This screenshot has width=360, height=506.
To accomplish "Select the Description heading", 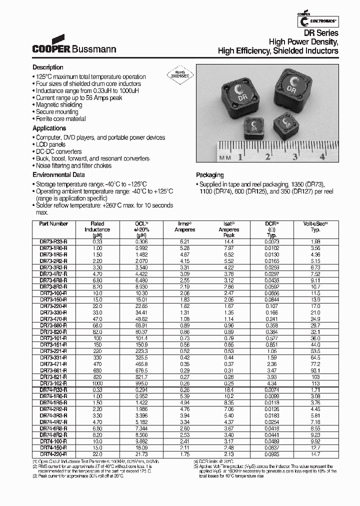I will point(48,67).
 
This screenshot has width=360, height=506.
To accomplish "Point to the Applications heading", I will point(49,128).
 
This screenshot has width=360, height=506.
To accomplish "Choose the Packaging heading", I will point(210,175).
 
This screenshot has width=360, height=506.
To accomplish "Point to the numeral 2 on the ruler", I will point(268,157).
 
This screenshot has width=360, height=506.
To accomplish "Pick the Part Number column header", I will point(53,224).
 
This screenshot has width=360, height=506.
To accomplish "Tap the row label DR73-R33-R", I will point(53,241).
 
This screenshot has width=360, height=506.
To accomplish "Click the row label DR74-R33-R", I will point(53,389).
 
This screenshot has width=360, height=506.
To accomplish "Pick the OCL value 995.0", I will point(140,383).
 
